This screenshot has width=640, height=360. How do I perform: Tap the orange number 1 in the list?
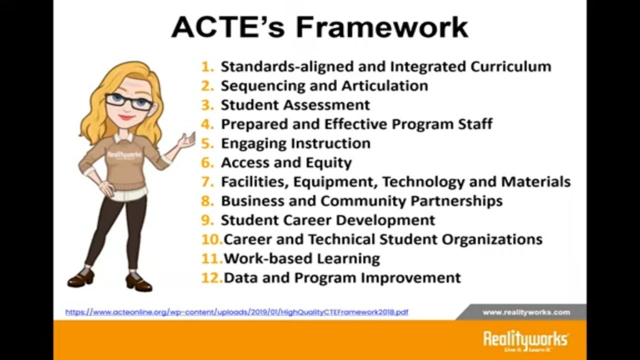click(x=207, y=66)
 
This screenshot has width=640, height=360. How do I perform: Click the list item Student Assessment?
click(x=295, y=105)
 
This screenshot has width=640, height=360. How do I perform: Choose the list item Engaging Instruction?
click(x=295, y=143)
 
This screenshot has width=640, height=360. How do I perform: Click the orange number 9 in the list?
click(x=207, y=220)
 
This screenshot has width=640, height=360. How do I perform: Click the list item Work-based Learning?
click(x=301, y=258)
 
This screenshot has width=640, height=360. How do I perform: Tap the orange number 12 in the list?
click(x=211, y=278)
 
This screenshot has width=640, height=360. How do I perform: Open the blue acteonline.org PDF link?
click(x=236, y=312)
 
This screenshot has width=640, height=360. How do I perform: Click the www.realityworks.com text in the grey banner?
click(x=526, y=312)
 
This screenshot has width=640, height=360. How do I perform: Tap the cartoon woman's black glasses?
click(x=128, y=101)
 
